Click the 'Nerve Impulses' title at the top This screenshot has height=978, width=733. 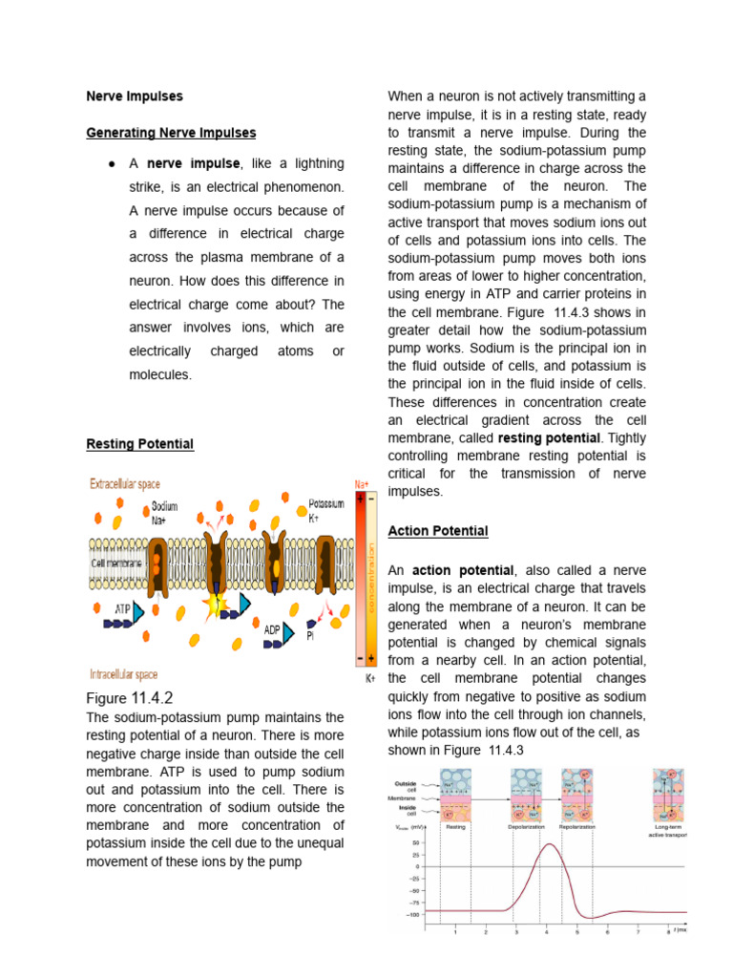pos(135,96)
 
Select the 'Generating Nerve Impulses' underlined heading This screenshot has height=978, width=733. pos(171,133)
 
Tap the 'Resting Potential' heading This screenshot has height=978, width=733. pos(139,444)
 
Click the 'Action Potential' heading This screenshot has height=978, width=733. pos(438,531)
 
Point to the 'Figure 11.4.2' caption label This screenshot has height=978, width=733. pos(130,698)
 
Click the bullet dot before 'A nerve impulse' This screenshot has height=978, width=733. pos(112,164)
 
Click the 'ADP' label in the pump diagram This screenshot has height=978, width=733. pos(273,628)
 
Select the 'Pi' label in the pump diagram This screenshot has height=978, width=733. pos(310,634)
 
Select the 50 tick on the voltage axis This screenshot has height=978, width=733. pos(415,843)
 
